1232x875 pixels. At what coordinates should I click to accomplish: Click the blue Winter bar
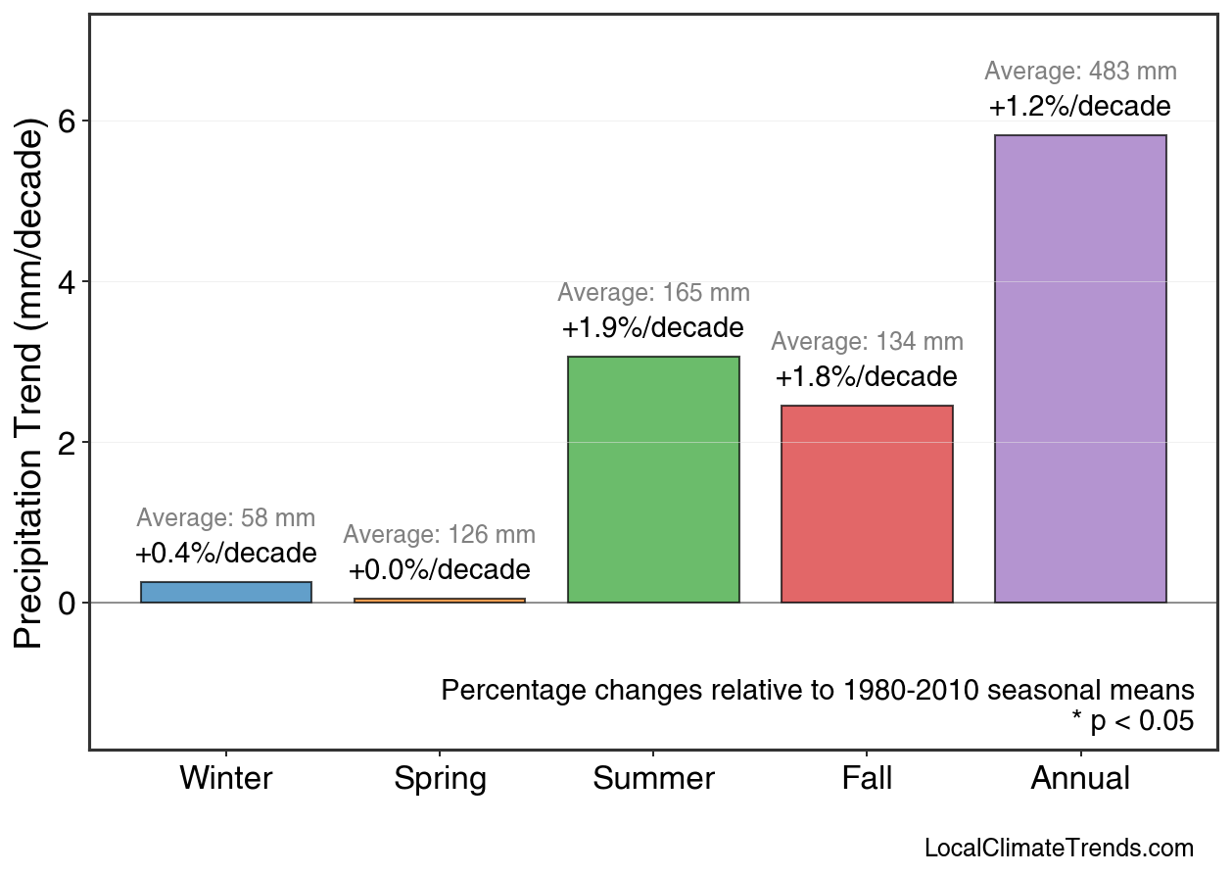click(x=226, y=592)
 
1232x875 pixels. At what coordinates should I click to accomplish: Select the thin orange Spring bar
click(x=440, y=600)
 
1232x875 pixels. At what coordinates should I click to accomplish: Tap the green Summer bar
click(x=653, y=479)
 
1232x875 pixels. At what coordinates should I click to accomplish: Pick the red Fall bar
click(x=867, y=504)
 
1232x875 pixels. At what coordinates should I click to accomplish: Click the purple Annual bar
click(x=1080, y=368)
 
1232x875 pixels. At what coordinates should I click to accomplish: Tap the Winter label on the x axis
click(x=226, y=779)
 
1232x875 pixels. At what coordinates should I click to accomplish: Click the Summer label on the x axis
click(x=653, y=779)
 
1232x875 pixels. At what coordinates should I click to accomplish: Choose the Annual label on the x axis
click(x=1080, y=779)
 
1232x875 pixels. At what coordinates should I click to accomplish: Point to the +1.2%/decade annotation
click(x=1080, y=106)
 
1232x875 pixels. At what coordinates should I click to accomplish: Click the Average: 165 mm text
click(x=653, y=293)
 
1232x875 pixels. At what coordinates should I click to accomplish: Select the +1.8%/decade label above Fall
click(x=867, y=377)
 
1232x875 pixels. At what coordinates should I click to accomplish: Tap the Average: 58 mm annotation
click(x=226, y=518)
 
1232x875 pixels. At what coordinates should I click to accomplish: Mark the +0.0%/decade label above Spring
click(x=440, y=570)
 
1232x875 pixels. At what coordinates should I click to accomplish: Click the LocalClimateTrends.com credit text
click(x=1059, y=849)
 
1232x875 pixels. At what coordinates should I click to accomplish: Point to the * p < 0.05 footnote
click(x=1132, y=722)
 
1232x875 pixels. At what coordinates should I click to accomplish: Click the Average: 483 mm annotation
click(x=1080, y=72)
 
